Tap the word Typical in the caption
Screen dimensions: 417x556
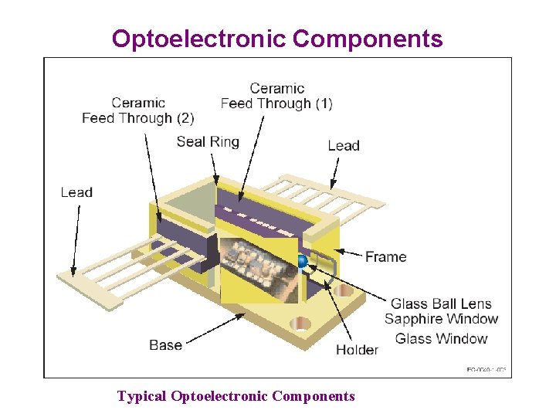(x=141, y=396)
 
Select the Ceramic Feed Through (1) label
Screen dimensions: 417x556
(x=276, y=96)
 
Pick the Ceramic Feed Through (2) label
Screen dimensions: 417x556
(x=137, y=110)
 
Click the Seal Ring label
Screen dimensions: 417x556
(x=208, y=141)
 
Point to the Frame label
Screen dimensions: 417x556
(x=385, y=256)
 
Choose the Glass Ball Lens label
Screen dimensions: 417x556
(x=441, y=303)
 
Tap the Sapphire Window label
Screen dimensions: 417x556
(x=441, y=319)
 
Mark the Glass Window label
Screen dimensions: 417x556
(x=441, y=338)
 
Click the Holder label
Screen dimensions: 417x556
(x=357, y=350)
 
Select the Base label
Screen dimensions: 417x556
(x=165, y=344)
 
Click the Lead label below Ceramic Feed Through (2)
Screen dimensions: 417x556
(x=76, y=192)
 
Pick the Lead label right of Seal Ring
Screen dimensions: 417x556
(x=344, y=145)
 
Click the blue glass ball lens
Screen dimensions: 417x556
(x=302, y=262)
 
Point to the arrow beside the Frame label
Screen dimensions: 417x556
(x=351, y=254)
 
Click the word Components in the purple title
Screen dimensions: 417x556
(x=368, y=39)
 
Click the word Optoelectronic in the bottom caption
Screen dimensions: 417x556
(x=220, y=396)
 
